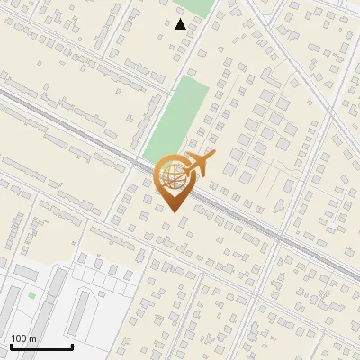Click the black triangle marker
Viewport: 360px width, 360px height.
point(181,24)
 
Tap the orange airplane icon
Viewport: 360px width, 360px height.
point(200,164)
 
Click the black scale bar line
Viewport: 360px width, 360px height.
point(40,346)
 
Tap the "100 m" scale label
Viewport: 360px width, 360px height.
point(23,338)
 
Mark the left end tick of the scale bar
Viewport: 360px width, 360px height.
point(10,345)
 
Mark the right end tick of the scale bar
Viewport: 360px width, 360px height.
point(72,345)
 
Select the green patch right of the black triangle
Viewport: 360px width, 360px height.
point(202,9)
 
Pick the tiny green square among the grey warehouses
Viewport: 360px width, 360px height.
point(31,294)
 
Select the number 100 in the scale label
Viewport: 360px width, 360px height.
point(19,338)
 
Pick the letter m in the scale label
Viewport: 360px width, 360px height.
point(32,338)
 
